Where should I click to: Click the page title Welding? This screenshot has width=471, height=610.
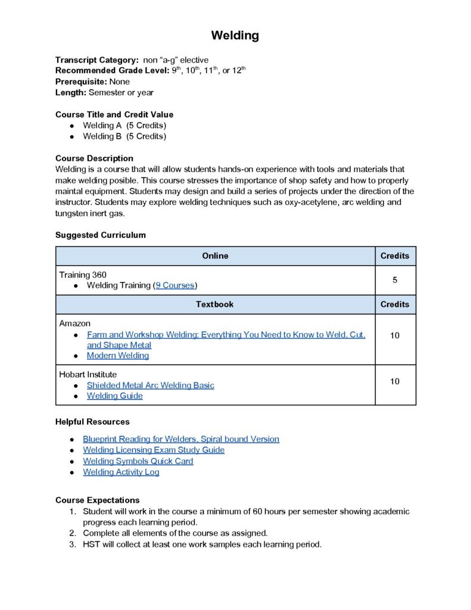pos(235,36)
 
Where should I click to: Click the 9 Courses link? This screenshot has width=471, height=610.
pos(175,285)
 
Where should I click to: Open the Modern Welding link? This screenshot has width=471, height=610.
pos(118,356)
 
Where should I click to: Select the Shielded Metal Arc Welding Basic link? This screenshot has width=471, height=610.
pos(150,385)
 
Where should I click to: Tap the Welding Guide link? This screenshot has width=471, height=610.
pos(115,396)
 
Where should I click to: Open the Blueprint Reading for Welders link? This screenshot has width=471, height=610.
pos(181,439)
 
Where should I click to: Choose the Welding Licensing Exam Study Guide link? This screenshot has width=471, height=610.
pos(154,450)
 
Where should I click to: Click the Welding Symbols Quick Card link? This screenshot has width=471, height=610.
pos(138,461)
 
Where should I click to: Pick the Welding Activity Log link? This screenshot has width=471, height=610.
pos(121,472)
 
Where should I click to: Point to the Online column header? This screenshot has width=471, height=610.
pos(215,256)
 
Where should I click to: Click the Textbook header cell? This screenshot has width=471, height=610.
pos(215,304)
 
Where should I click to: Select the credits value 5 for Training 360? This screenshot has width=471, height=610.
pos(395,280)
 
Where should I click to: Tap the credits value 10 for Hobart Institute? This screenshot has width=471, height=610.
pos(395,381)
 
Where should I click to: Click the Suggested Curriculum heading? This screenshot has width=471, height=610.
pos(101,235)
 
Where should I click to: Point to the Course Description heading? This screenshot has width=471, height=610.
pos(94,158)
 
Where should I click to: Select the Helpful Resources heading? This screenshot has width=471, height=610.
pos(92,422)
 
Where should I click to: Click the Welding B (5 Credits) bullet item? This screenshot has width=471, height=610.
pos(124,136)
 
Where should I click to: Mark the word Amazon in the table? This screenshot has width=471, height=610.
pos(75,323)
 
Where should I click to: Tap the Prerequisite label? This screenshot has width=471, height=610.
pos(81,82)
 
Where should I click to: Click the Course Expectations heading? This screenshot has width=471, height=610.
pos(98,500)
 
